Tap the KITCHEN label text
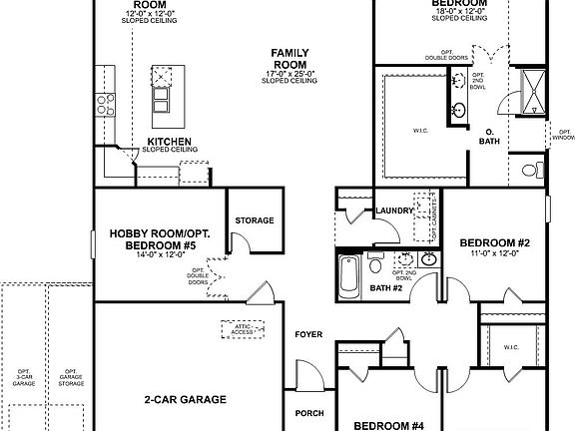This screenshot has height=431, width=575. pos(170,142)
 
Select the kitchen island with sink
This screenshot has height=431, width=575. pos(161,90)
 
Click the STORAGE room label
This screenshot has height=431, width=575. pos(255,219)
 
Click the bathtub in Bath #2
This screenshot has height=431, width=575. pos(350,270)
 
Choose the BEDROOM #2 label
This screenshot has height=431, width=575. pos(493,242)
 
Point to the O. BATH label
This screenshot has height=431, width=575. pos(489,137)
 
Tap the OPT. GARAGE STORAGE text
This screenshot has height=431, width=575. pos(71,375)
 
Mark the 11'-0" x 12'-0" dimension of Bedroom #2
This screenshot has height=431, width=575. pos(493,254)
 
